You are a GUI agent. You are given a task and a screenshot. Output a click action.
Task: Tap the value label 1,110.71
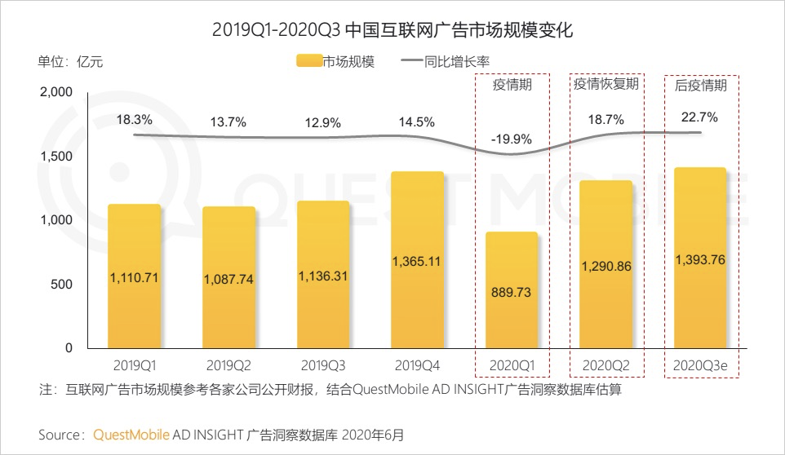pyautogui.click(x=134, y=278)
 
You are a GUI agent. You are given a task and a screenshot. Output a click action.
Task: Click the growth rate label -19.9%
pyautogui.click(x=512, y=139)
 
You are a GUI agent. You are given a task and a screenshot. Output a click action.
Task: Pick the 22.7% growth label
pyautogui.click(x=699, y=117)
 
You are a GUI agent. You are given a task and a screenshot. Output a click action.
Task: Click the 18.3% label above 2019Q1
pyautogui.click(x=134, y=120)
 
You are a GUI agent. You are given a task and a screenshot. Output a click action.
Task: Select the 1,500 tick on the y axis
pyautogui.click(x=56, y=157)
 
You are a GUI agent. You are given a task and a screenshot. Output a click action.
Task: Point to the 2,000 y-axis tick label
pyautogui.click(x=56, y=93)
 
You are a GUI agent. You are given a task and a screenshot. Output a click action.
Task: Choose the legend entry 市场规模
pyautogui.click(x=335, y=61)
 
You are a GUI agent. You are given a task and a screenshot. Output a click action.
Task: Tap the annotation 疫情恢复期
pyautogui.click(x=605, y=84)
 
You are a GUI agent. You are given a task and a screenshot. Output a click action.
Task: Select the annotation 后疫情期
pyautogui.click(x=701, y=84)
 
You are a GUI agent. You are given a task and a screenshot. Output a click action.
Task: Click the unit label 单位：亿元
pyautogui.click(x=71, y=61)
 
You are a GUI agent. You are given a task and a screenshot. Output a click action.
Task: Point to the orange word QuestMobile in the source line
pyautogui.click(x=131, y=435)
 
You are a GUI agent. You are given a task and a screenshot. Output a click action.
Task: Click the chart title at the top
pyautogui.click(x=392, y=30)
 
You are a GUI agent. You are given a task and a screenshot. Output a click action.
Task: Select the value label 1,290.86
pyautogui.click(x=605, y=266)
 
